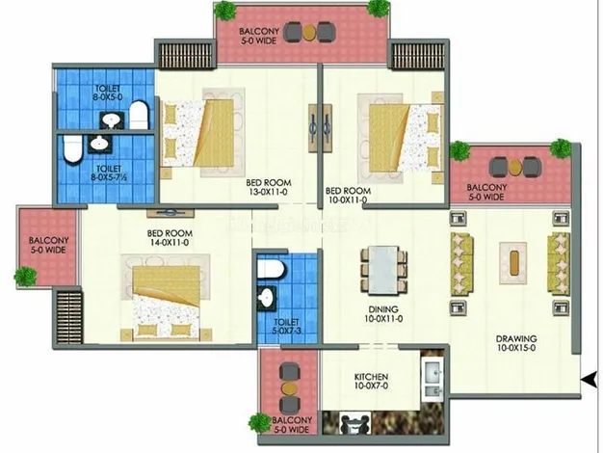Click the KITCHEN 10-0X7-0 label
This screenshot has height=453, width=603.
(371, 381)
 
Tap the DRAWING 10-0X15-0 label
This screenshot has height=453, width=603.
(516, 344)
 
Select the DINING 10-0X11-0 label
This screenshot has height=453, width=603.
(383, 314)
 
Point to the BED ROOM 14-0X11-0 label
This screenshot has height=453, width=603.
(170, 238)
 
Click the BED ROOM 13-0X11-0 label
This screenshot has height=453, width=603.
(269, 187)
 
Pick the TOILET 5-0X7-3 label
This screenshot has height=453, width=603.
(286, 326)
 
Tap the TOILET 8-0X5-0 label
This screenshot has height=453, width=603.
(108, 93)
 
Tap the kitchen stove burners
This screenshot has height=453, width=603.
(354, 423)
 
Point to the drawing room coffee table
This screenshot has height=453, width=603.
(513, 263)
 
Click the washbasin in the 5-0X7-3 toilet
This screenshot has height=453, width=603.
(267, 298)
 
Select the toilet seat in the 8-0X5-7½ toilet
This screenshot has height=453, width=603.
(72, 149)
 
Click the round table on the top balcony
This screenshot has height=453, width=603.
(309, 33)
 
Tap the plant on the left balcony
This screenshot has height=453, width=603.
(26, 276)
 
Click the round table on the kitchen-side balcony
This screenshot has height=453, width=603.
(290, 387)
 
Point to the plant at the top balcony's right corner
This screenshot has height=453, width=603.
(378, 9)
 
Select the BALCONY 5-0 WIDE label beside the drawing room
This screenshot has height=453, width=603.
(486, 192)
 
